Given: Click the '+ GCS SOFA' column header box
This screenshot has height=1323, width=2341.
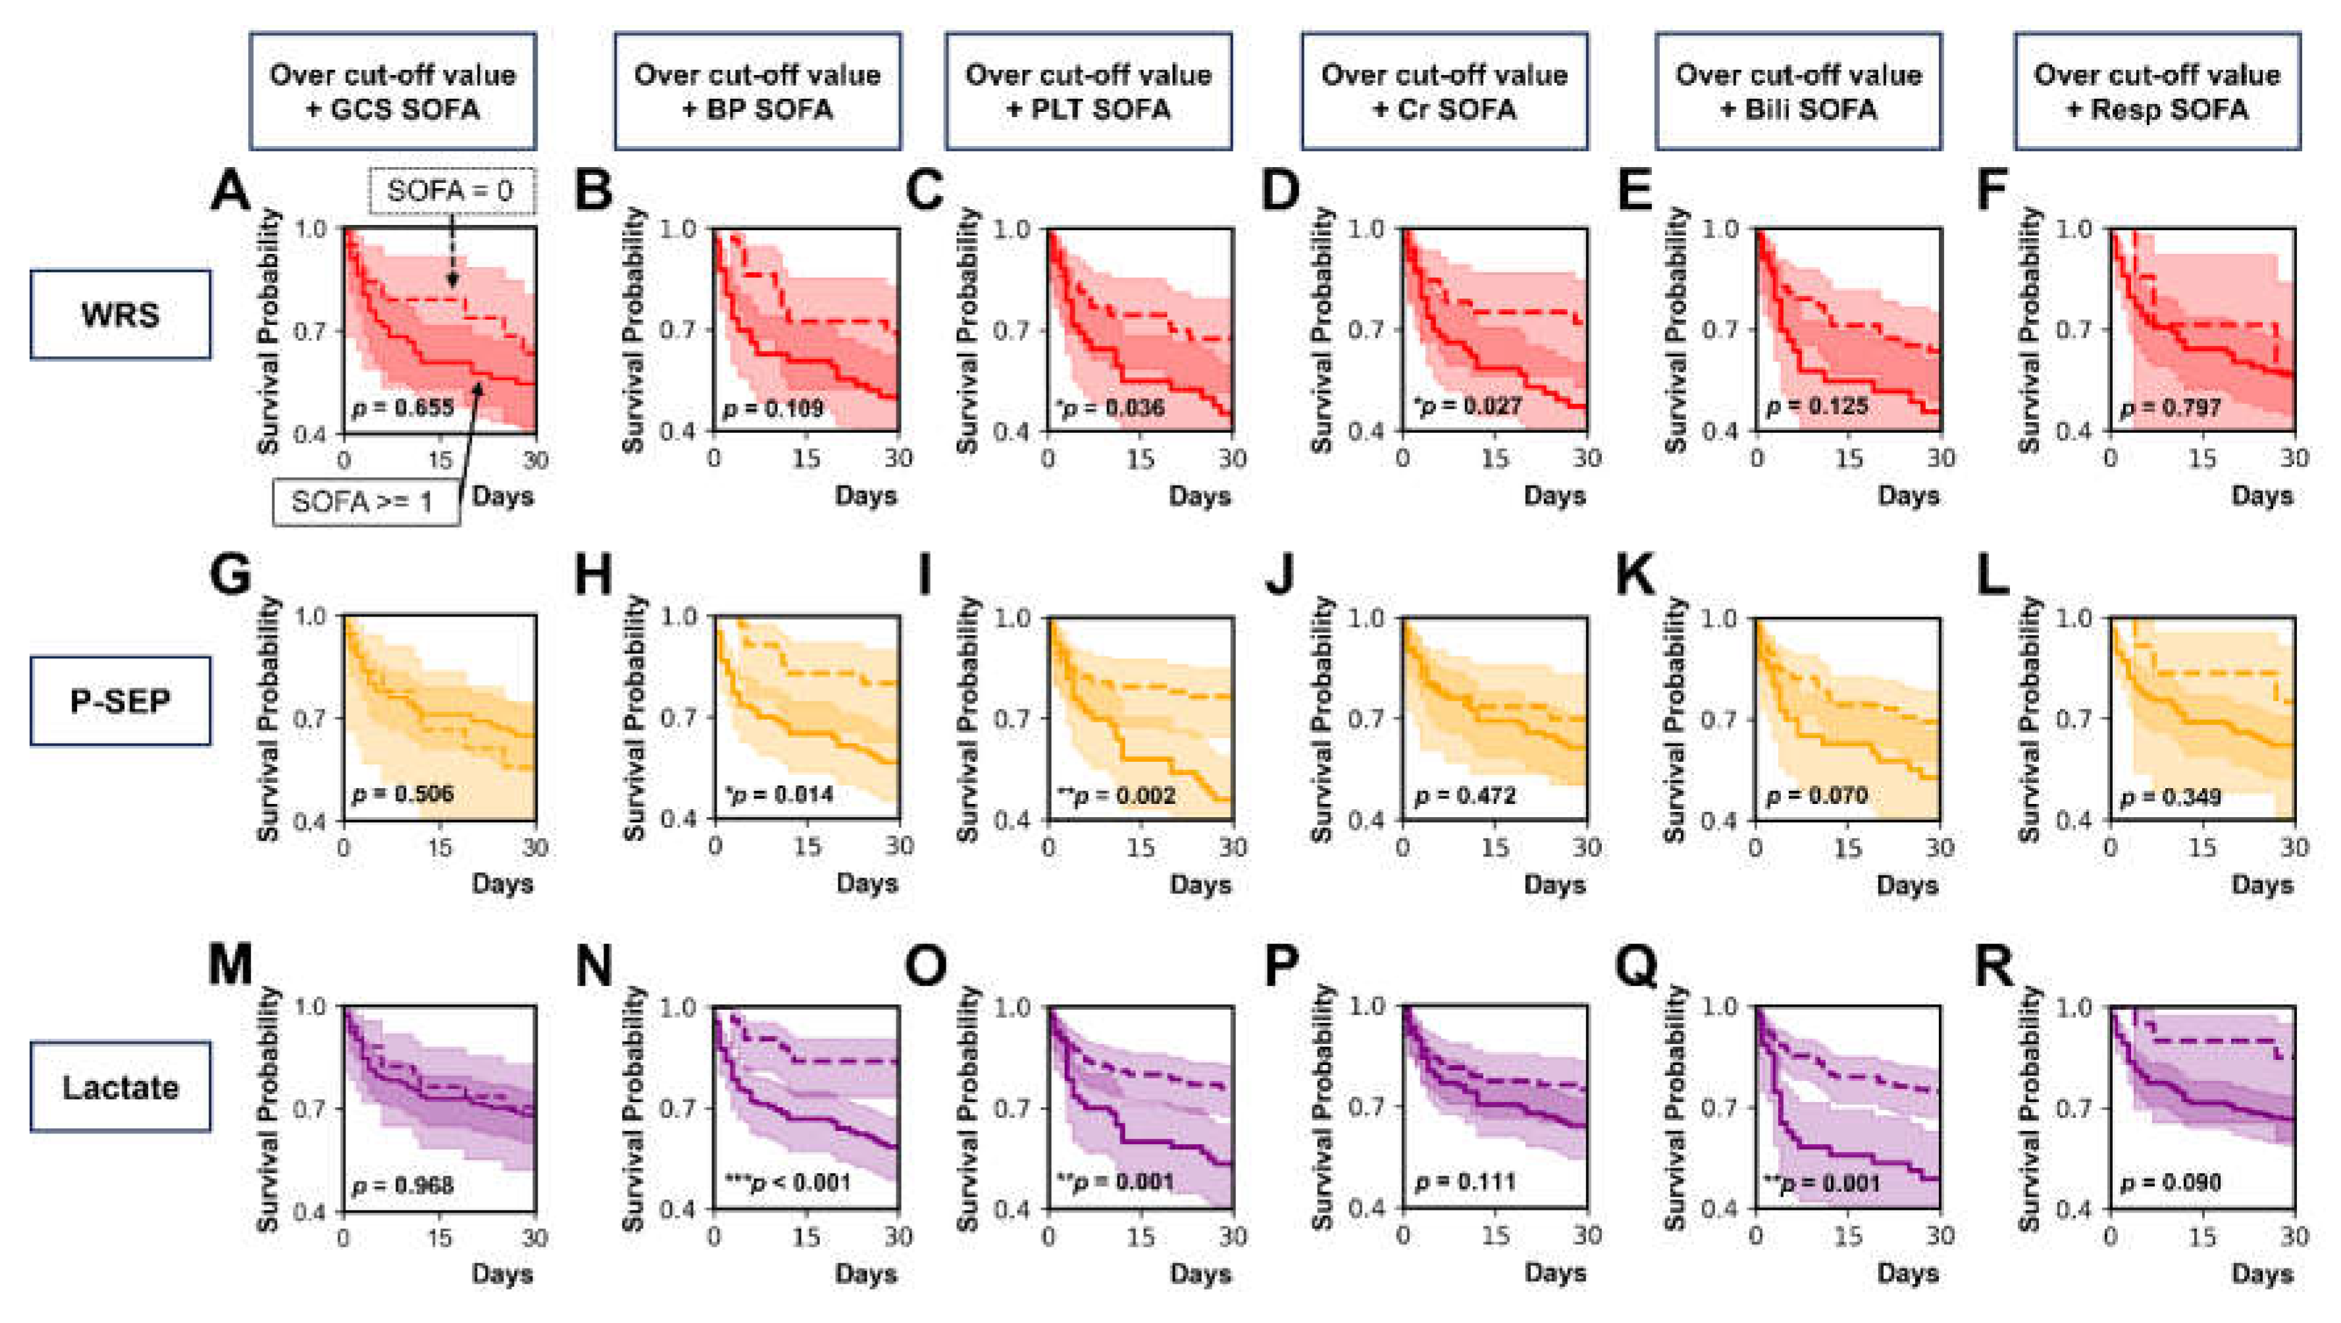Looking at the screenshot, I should [393, 91].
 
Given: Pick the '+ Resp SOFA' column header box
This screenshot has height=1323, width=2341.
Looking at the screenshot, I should [2157, 91].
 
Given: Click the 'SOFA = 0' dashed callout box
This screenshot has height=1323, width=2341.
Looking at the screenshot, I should [451, 191].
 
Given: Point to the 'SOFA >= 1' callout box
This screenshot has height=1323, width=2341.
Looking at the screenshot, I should [363, 501].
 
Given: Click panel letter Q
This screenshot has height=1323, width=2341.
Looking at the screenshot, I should [1635, 965].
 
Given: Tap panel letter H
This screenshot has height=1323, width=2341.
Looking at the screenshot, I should [594, 576].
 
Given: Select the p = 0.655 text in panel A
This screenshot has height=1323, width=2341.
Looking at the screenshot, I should [403, 408].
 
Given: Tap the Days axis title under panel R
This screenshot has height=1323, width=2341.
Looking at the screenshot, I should [2262, 1273].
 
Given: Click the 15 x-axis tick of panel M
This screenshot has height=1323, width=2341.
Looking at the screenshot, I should [440, 1237].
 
